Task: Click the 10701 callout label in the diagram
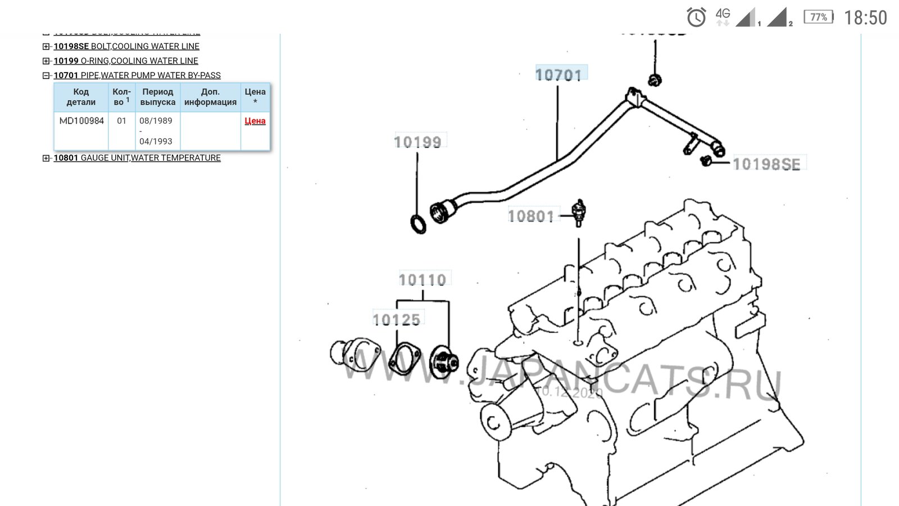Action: [x=559, y=74]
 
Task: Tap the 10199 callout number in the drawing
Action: [x=417, y=142]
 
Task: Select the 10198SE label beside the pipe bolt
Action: [x=766, y=164]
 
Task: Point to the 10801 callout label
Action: [x=531, y=216]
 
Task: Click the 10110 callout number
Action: [x=423, y=279]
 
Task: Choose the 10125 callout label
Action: [x=397, y=320]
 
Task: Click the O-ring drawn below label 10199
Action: [x=418, y=223]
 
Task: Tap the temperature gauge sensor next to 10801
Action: [x=578, y=212]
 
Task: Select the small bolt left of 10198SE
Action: [x=706, y=161]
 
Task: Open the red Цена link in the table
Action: [x=255, y=121]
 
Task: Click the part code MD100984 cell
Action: [x=81, y=121]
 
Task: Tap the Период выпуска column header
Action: [x=158, y=97]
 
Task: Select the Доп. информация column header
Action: [x=210, y=97]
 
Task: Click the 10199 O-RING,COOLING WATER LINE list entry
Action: [x=126, y=61]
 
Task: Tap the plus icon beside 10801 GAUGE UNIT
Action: [x=47, y=158]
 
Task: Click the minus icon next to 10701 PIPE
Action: [x=47, y=75]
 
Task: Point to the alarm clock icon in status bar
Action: [x=697, y=17]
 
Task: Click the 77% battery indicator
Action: [x=819, y=17]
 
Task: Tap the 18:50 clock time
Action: [x=865, y=18]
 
